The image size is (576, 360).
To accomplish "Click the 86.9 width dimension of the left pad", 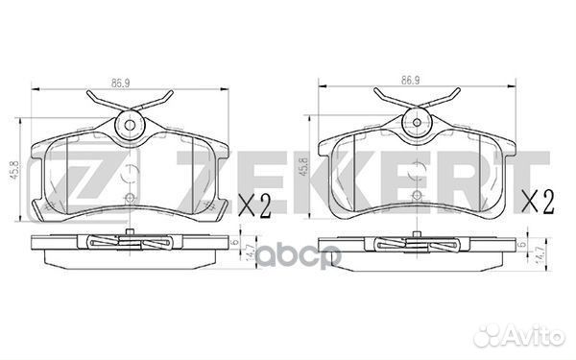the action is (x=121, y=84).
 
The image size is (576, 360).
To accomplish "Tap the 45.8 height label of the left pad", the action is (x=15, y=170).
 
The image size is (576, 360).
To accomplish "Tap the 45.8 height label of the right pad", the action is (x=303, y=166).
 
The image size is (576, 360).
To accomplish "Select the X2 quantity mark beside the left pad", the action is (x=254, y=206).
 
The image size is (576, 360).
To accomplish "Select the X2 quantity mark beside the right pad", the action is (x=539, y=202).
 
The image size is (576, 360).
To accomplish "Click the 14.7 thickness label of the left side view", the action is (x=252, y=252).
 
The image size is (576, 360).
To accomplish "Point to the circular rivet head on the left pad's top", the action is (x=130, y=125).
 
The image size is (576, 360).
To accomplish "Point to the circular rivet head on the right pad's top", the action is (x=417, y=122).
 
